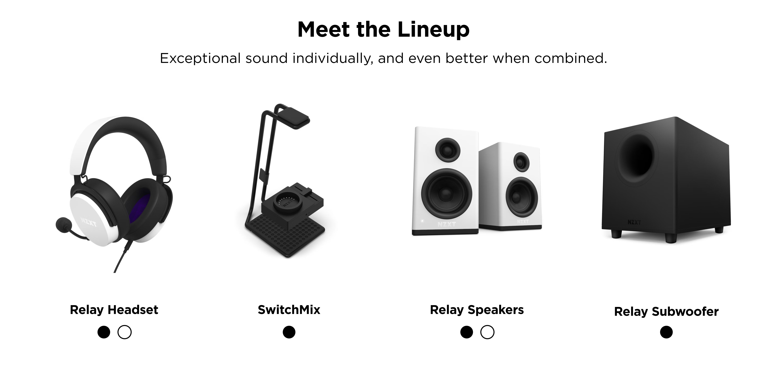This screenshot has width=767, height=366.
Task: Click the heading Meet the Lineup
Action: click(383, 30)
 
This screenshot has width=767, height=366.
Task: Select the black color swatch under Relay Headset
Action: click(104, 332)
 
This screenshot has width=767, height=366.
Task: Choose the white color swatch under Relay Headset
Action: click(125, 332)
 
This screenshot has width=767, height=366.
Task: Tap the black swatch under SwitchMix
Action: click(289, 332)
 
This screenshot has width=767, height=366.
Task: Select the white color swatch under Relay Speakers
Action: click(487, 332)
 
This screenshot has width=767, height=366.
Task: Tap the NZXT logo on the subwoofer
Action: click(634, 222)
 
